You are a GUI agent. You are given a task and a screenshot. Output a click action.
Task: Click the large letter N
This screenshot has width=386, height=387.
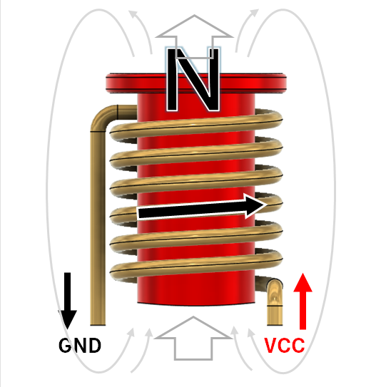(193, 80)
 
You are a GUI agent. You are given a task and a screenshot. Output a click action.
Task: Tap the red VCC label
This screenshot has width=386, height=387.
(284, 345)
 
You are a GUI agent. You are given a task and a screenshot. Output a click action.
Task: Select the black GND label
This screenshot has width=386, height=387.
(80, 345)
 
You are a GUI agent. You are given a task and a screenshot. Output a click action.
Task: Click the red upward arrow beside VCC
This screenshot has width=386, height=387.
(303, 301)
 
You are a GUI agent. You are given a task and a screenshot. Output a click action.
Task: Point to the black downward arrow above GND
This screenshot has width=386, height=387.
(68, 301)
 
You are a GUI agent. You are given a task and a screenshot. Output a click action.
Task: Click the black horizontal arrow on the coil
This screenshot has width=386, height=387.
(202, 207)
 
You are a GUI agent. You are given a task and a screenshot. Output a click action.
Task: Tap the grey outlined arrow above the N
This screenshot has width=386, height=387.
(194, 37)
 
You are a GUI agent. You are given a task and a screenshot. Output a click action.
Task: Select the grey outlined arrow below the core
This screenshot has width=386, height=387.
(193, 338)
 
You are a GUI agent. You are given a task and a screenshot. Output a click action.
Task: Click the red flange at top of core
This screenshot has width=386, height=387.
(196, 83)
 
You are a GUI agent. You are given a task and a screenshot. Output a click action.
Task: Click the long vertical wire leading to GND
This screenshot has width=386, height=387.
(98, 228)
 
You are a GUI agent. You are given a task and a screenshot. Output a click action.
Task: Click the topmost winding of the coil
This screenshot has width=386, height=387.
(196, 125)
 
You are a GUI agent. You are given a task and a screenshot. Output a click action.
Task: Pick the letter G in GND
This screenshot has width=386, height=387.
(65, 345)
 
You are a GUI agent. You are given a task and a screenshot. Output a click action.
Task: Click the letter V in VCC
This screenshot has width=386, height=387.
(270, 345)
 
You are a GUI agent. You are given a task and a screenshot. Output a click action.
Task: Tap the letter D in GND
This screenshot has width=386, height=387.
(95, 345)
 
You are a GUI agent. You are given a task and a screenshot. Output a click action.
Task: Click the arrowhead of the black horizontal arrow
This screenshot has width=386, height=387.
(255, 206)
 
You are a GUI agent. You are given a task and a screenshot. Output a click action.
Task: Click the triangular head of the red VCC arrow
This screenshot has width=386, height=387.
(303, 283)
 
